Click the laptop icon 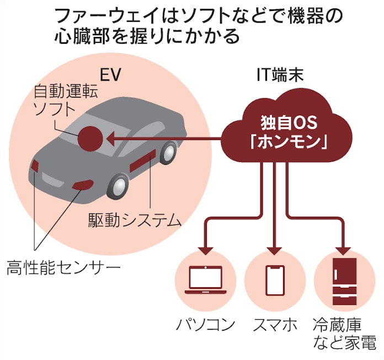pyautogui.click(x=205, y=281)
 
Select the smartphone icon pyautogui.click(x=275, y=281)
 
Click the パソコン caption pyautogui.click(x=206, y=324)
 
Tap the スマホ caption pyautogui.click(x=275, y=324)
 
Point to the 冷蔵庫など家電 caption pyautogui.click(x=344, y=333)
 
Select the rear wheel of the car pyautogui.click(x=168, y=152)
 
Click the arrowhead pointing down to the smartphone pyautogui.click(x=275, y=250)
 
